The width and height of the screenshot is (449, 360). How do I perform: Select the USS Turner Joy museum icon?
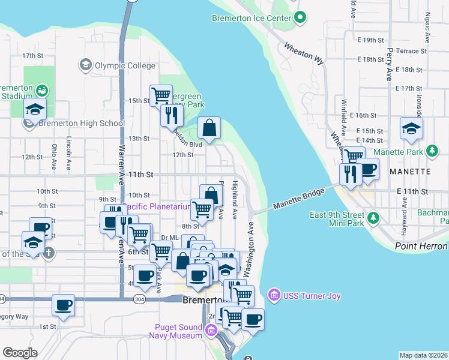pos(274,295)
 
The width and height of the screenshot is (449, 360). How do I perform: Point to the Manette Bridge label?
pos(298,198)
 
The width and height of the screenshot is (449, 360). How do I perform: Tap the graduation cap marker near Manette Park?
pos(411,129)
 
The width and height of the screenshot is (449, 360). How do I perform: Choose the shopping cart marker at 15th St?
pos(161,95)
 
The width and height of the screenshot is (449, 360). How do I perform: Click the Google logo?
pos(20,353)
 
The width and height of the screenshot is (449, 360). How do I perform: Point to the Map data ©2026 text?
pos(424,355)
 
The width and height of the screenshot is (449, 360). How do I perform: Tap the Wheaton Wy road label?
pos(303,52)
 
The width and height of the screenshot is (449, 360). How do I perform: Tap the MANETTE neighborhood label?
pos(409,172)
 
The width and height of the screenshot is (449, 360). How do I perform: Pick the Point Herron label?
pos(421,247)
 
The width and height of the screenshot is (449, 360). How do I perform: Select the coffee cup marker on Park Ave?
pos(145,277)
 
